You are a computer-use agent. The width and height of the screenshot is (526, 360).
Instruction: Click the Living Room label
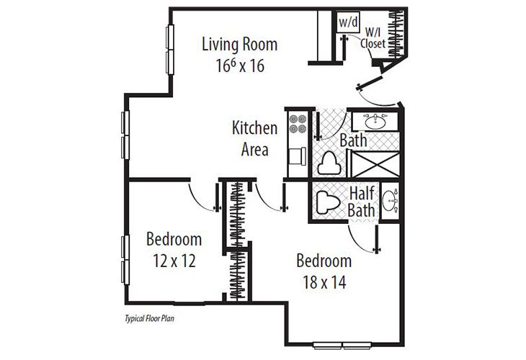coord(239,44)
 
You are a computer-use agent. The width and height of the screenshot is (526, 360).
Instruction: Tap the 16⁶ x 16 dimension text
coord(239,65)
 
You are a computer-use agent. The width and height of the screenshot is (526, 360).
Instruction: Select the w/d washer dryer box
coord(348,22)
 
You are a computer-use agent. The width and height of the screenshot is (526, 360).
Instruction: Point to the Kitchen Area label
coord(254,139)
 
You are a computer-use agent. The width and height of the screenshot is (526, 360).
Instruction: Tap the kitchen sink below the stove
coord(296,156)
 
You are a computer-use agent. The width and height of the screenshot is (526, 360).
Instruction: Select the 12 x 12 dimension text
coord(174,259)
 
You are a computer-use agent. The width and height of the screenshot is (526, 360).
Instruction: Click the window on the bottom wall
coord(342,343)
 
